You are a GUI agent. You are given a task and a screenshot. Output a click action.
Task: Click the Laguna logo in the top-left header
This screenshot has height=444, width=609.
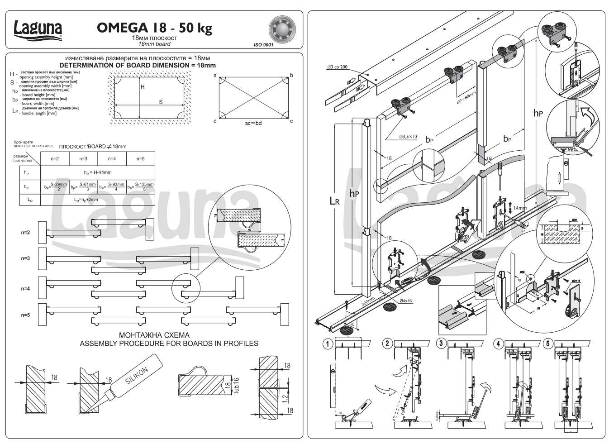coord(38,29)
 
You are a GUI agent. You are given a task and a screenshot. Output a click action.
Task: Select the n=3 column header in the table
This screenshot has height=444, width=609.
coord(83,159)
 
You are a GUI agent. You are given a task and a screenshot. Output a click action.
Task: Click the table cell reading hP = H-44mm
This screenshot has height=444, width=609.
coord(98,172)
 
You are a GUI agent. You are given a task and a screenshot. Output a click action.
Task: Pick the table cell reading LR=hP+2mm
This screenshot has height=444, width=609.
coord(98,199)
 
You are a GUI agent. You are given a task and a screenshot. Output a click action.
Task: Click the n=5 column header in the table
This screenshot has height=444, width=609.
coord(140,159)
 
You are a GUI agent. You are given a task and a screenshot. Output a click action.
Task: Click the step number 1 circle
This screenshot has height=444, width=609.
coord(328,344)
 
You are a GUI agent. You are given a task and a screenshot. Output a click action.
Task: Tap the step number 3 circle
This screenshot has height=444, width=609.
coord(441,343)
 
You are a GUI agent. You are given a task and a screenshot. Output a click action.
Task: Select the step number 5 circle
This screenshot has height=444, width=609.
coord(548,344)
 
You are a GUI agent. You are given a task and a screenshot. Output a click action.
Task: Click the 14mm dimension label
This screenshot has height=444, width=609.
coord(519,208)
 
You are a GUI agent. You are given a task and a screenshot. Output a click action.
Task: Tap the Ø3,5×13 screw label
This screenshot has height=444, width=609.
coord(408,137)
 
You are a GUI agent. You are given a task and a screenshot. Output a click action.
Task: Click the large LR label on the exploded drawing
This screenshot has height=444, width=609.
coord(334,201)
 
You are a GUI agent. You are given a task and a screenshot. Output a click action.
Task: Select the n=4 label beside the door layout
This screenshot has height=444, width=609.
coord(25,288)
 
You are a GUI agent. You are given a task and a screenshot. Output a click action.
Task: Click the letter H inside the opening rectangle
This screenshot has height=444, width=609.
coord(143,87)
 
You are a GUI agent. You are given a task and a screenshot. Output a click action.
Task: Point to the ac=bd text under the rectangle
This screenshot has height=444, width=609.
coord(253,123)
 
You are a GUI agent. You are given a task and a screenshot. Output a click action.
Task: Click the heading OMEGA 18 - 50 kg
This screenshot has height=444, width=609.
coord(154,28)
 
